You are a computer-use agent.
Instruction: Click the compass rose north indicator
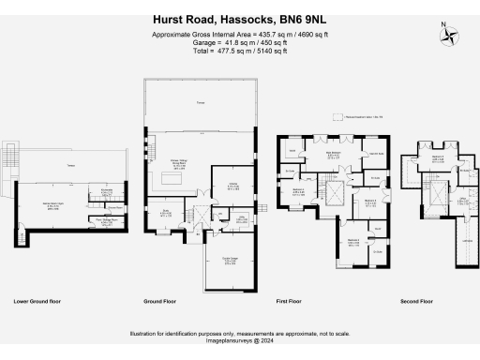452,37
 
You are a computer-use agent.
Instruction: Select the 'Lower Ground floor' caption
38,302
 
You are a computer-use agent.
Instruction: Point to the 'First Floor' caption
292,302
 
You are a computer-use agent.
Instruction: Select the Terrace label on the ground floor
199,102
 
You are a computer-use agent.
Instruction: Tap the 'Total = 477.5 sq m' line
239,52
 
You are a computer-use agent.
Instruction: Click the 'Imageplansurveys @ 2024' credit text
239,342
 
